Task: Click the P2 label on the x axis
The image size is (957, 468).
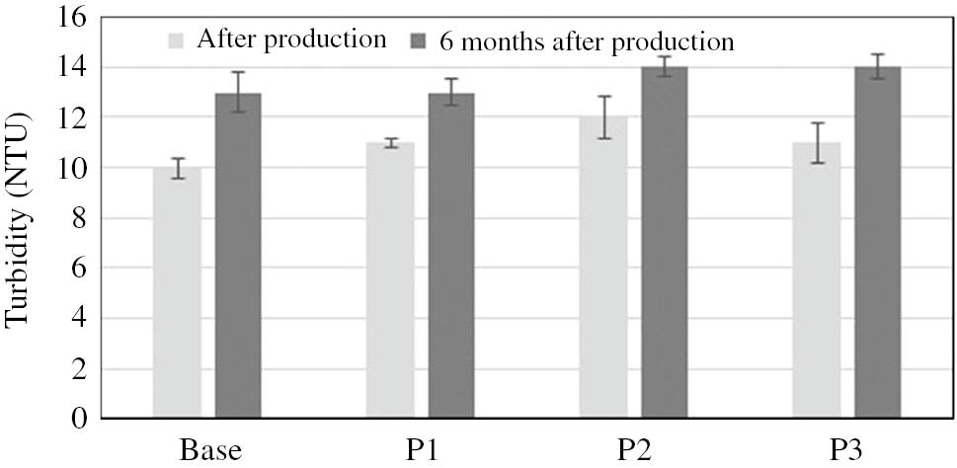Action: (x=634, y=449)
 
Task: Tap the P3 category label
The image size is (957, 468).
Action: (x=847, y=449)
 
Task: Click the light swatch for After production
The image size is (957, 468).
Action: (x=177, y=40)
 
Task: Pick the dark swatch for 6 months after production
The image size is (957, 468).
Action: (x=417, y=41)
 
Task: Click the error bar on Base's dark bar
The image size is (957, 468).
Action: (x=238, y=92)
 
